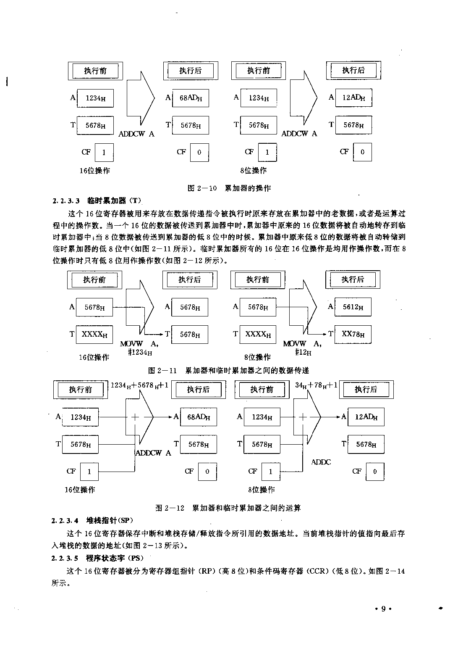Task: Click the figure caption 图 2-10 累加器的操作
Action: pos(229,188)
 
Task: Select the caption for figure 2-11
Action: pos(228,370)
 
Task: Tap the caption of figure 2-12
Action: pos(228,508)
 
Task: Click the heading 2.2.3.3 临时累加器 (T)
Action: pos(97,200)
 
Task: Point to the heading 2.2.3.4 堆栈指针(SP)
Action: pos(92,520)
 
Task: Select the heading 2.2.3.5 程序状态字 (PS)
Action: pos(97,558)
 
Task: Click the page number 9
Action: pos(383,609)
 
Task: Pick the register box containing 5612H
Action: pos(353,307)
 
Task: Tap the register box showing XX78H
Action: pos(353,334)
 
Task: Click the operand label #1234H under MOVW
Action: pos(140,352)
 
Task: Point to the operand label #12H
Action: pos(303,352)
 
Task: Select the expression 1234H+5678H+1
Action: pos(139,385)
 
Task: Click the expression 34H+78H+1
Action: pos(316,385)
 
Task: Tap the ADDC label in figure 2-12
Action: pos(321,462)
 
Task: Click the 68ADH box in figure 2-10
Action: pos(191,98)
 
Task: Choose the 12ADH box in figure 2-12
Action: pos(366,416)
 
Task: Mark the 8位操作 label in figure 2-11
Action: pos(257,357)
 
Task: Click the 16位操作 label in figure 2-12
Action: pos(80,490)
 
